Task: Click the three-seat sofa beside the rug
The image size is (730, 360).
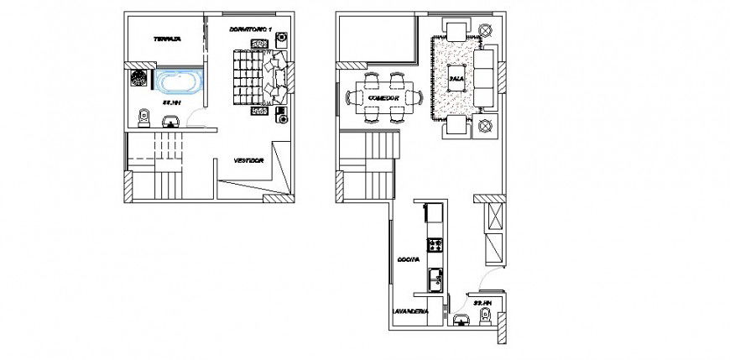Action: tap(486, 78)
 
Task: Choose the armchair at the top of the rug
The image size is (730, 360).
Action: tap(456, 32)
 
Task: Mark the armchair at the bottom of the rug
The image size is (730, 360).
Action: tap(456, 126)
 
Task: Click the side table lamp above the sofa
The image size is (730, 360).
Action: tap(484, 30)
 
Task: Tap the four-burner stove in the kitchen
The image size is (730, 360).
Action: tap(435, 246)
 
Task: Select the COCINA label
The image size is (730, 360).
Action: tap(408, 262)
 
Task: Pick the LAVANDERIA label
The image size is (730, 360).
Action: tap(409, 311)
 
